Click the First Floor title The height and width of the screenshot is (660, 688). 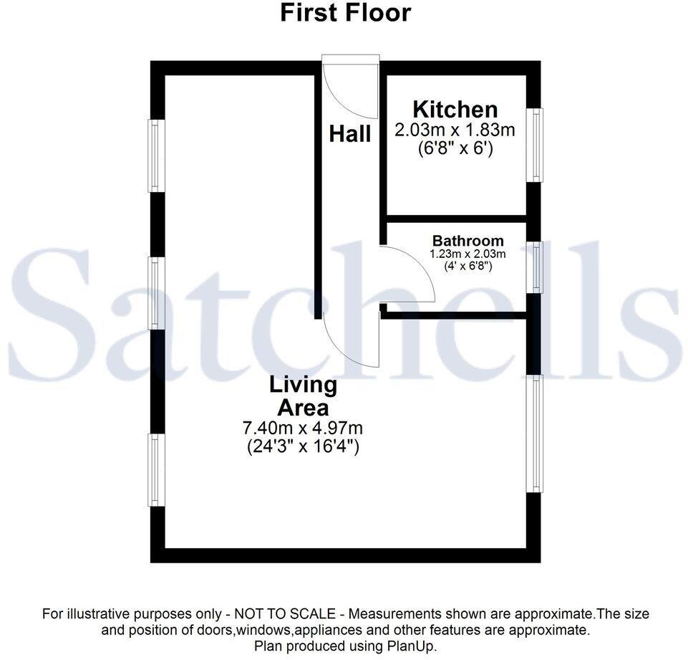pos(345,13)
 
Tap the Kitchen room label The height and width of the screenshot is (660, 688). pos(455,110)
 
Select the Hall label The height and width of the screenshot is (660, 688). pos(350,133)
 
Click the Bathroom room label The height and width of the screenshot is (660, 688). pos(467,241)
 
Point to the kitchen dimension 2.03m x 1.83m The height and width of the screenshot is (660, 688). pos(455,130)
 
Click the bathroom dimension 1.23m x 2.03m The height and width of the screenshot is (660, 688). pos(467,254)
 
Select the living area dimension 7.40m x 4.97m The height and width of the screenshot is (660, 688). pos(303,427)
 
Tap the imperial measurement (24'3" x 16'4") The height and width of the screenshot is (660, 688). pos(303,447)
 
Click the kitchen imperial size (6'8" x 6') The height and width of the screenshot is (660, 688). pos(455,149)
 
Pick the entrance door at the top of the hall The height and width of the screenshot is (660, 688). pos(350,87)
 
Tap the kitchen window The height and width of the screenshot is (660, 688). pos(534,145)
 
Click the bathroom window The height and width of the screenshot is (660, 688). pos(534,267)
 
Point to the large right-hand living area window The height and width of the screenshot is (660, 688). pos(534,434)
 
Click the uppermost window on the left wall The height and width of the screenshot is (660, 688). pos(156,156)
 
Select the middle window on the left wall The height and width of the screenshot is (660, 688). pos(156,293)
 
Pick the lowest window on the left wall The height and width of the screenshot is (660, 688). pos(156,470)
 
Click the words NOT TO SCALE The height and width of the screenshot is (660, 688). pos(285,613)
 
